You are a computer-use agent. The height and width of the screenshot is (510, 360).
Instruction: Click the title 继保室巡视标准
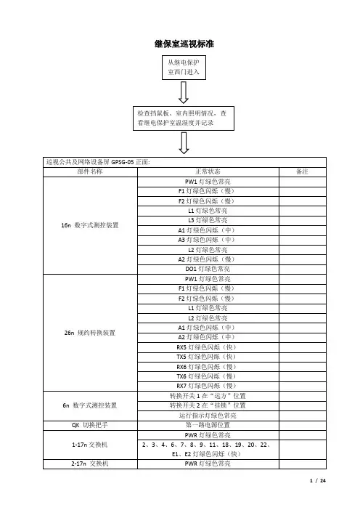[x=184, y=44]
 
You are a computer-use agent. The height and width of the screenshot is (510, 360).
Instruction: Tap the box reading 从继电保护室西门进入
[x=184, y=68]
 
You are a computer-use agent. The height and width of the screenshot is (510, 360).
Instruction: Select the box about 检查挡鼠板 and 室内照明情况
[x=184, y=118]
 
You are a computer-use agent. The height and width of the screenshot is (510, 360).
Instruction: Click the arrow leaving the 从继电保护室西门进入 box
[x=184, y=92]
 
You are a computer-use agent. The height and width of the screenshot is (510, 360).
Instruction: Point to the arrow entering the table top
[x=184, y=143]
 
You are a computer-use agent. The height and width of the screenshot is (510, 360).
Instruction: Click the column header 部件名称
[x=90, y=171]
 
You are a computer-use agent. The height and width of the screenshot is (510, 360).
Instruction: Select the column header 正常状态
[x=208, y=171]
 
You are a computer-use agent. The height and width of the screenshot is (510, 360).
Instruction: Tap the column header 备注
[x=302, y=171]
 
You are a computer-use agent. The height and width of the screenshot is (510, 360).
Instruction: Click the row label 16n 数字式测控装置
[x=90, y=225]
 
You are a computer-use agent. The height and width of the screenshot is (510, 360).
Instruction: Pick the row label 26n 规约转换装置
[x=90, y=333]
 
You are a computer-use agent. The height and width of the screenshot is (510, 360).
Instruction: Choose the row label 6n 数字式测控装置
[x=90, y=405]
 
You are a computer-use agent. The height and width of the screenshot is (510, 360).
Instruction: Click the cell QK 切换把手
[x=90, y=425]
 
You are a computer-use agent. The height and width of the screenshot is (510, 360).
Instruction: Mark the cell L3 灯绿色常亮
[x=208, y=220]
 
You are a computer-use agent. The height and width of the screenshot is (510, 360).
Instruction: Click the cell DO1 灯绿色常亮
[x=208, y=269]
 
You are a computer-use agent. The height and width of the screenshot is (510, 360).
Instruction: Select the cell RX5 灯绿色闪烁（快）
[x=207, y=347]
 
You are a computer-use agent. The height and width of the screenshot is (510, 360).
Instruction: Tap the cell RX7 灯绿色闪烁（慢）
[x=207, y=386]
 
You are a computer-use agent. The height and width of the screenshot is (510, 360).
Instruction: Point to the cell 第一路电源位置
[x=208, y=425]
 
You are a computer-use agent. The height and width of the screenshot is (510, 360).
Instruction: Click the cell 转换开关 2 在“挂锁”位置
[x=208, y=405]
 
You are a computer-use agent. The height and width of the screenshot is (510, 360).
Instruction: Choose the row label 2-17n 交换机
[x=90, y=464]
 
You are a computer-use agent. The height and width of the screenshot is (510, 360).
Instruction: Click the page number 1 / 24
[x=318, y=481]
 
